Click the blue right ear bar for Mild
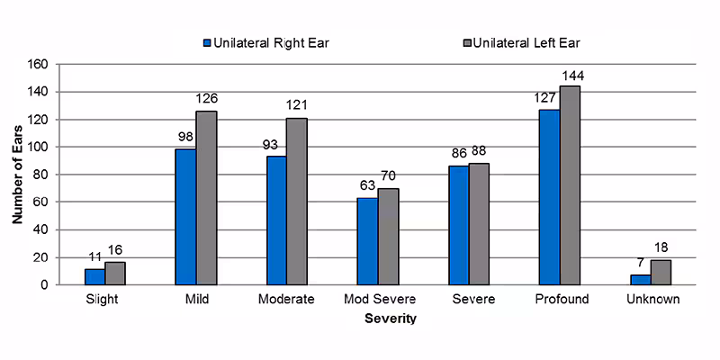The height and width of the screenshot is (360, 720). [185, 217]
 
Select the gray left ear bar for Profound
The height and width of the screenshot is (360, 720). [570, 185]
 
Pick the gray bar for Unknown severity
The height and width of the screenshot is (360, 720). [661, 272]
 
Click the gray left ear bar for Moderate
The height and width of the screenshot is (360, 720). [296, 201]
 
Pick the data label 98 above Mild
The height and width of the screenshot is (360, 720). [184, 138]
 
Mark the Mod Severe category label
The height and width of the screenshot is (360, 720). [377, 299]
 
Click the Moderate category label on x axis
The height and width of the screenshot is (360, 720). [286, 299]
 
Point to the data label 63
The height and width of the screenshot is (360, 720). [366, 186]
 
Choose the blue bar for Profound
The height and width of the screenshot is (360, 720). [549, 197]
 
